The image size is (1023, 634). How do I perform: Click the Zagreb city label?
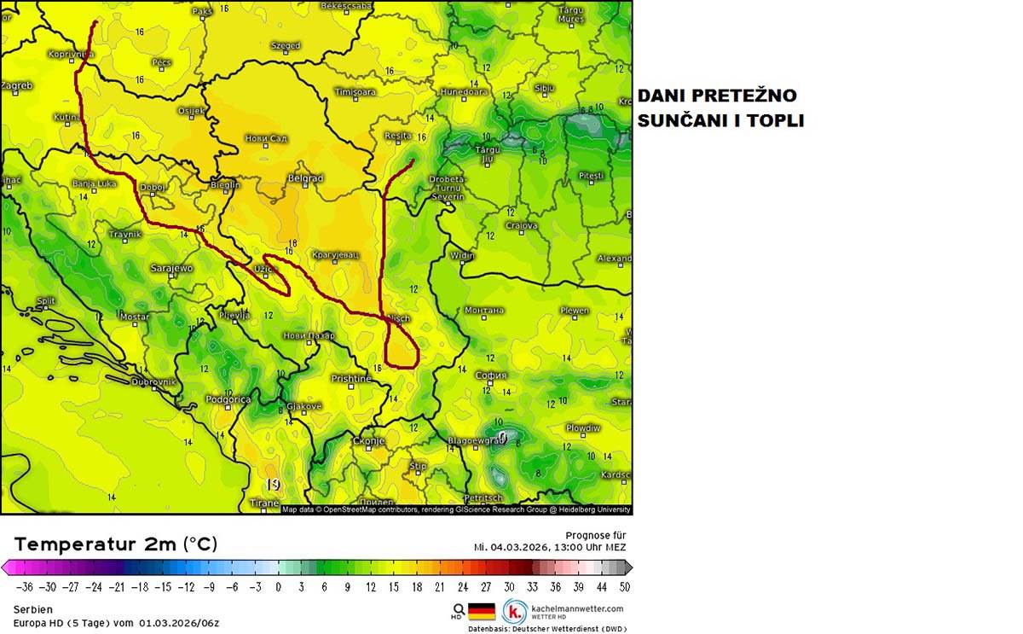coord(17,85)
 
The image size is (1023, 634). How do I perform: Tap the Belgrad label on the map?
coord(305,178)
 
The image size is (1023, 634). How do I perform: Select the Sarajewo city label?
coord(171,268)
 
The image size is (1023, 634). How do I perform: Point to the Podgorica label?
coord(228,398)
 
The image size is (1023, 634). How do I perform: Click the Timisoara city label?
coord(355,91)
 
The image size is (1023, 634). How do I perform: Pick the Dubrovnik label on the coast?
coord(153,381)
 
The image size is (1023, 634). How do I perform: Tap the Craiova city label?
coord(521,226)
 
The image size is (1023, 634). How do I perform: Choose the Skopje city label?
coord(369,441)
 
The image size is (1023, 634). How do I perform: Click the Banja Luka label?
coord(95,183)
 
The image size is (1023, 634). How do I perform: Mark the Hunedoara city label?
coord(464,91)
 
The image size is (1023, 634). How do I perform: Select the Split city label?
coord(46,301)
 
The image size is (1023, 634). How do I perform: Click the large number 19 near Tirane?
coord(273,485)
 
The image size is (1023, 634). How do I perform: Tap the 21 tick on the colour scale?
coord(440,587)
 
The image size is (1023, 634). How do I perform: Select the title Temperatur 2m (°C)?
coord(116,544)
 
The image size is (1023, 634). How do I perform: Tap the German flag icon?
coord(482,612)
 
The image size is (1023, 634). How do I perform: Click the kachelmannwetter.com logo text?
coord(576,608)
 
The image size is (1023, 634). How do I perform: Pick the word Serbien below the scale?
coord(33,609)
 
